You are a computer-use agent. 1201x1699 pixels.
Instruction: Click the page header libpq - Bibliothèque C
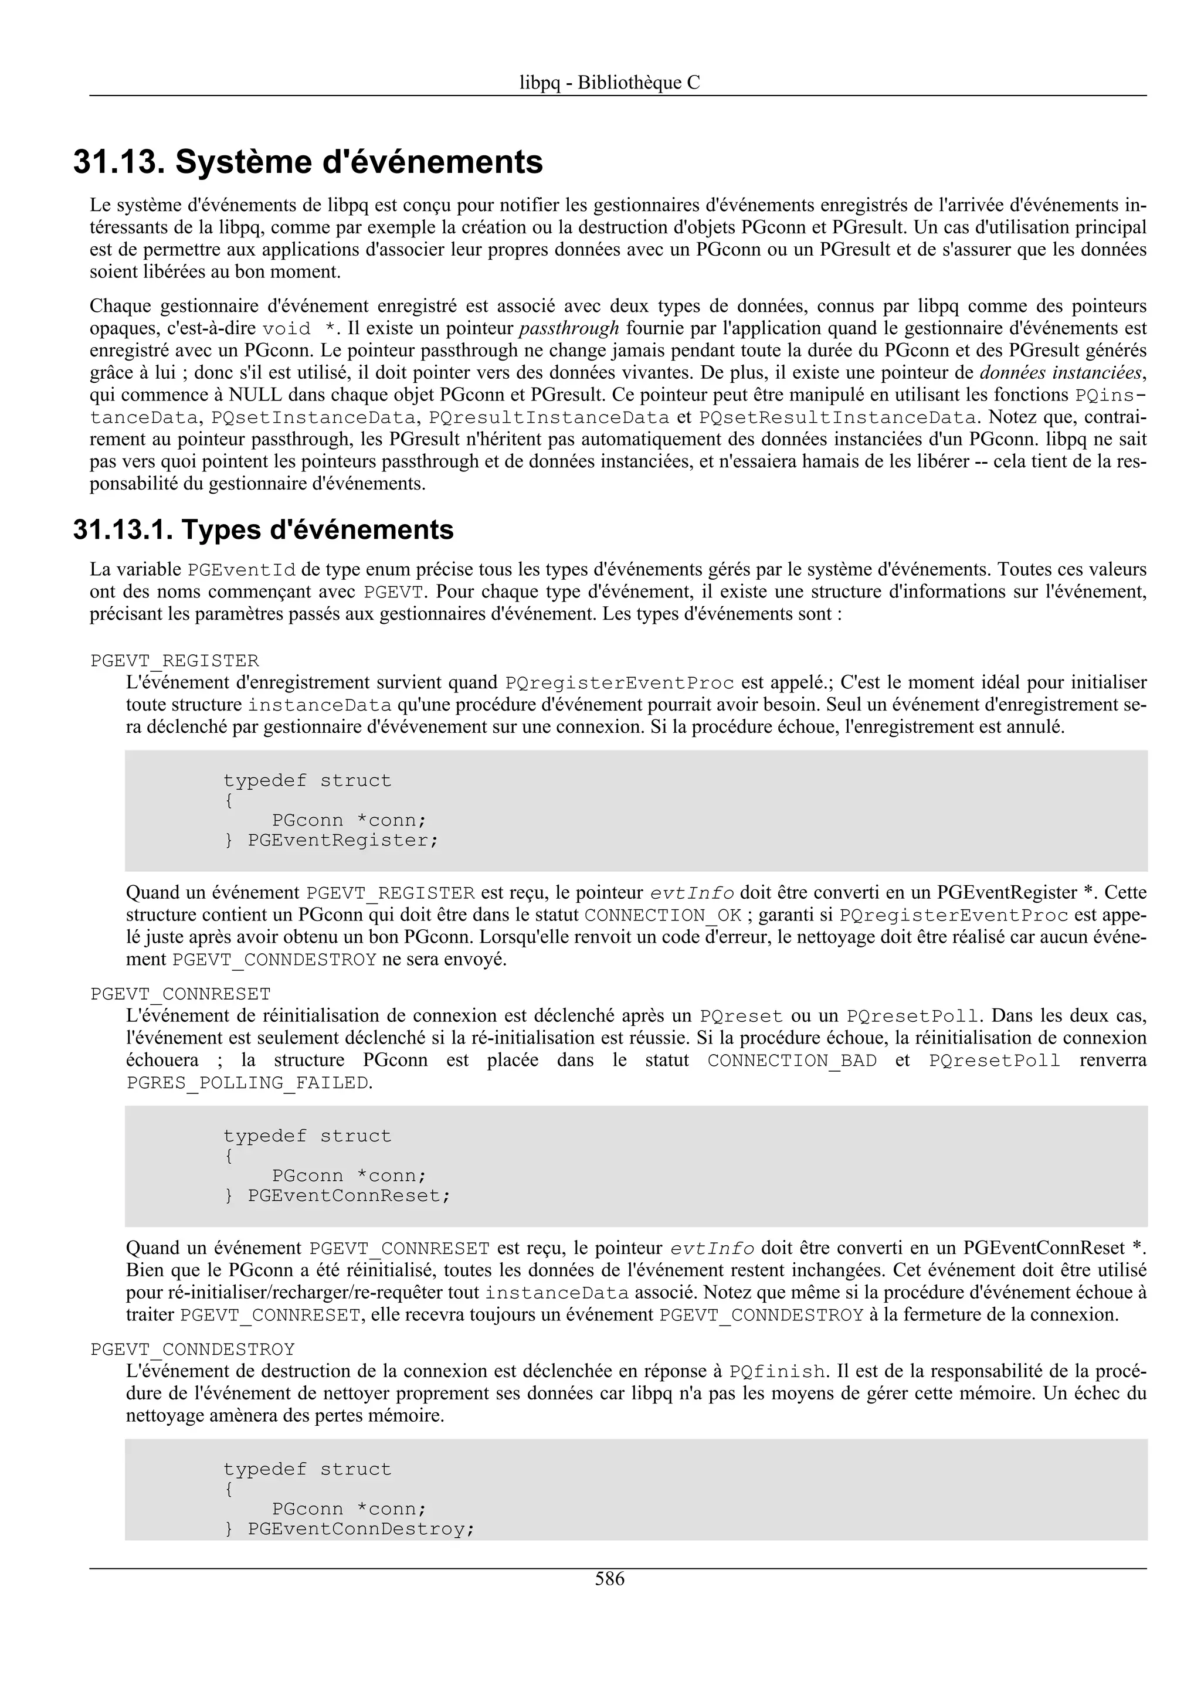[609, 83]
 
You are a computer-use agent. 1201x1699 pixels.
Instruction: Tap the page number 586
[609, 1579]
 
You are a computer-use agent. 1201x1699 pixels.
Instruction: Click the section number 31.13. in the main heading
[119, 162]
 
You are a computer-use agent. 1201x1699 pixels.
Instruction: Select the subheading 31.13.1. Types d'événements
[263, 530]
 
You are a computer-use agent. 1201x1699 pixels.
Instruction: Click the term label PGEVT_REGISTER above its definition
[175, 661]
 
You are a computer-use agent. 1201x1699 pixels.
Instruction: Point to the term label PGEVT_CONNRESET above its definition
[181, 994]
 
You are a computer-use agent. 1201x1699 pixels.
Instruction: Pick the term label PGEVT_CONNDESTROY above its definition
[192, 1350]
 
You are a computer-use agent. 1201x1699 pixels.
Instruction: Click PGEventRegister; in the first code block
[342, 841]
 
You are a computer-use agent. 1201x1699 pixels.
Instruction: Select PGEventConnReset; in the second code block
[348, 1197]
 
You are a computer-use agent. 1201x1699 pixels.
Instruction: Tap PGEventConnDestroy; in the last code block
[361, 1530]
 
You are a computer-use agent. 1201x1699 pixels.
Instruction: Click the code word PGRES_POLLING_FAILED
[247, 1083]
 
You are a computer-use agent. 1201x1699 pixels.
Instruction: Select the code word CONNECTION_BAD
[792, 1061]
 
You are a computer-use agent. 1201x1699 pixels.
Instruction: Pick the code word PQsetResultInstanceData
[837, 417]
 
